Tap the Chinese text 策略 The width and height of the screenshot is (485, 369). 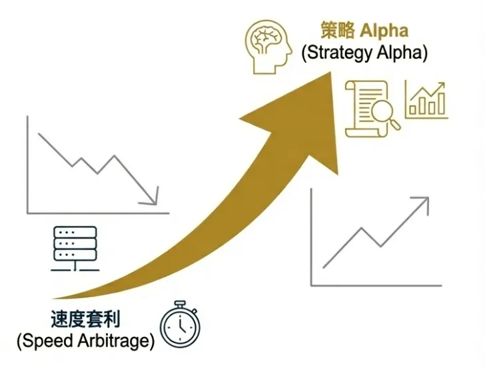click(x=336, y=31)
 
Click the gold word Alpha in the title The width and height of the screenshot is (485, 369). click(x=386, y=31)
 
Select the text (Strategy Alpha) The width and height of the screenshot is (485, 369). click(x=364, y=53)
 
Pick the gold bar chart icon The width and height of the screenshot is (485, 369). click(x=426, y=101)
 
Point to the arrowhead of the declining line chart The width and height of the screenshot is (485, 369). click(x=153, y=199)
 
